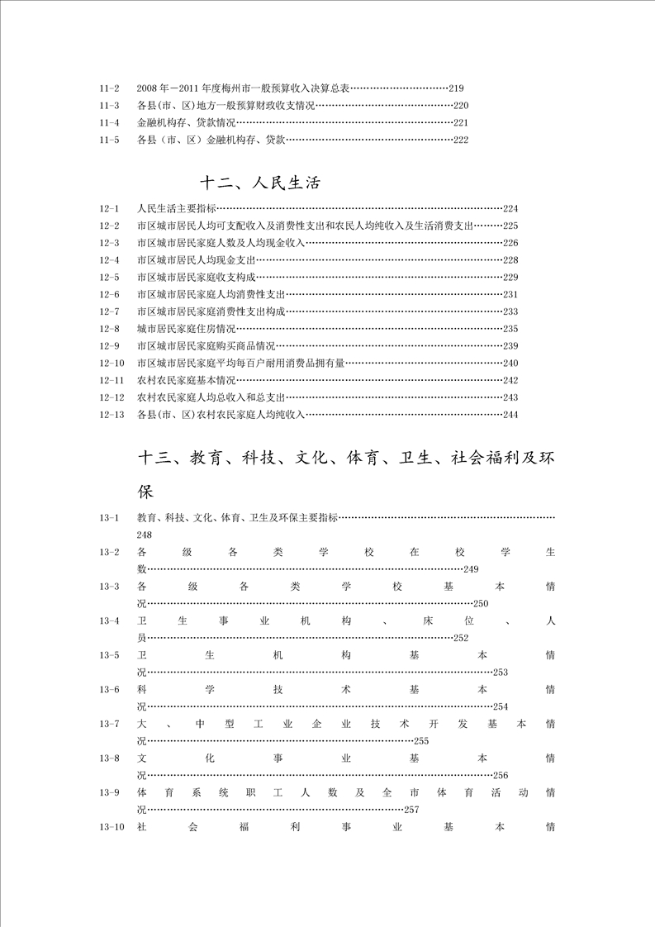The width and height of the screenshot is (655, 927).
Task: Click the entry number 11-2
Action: click(109, 88)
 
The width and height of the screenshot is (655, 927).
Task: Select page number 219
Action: click(457, 88)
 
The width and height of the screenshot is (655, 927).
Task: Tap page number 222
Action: click(461, 140)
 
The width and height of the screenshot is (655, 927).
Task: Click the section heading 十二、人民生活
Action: click(260, 183)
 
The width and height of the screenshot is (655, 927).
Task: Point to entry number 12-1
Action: click(109, 209)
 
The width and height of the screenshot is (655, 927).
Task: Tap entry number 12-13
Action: click(111, 415)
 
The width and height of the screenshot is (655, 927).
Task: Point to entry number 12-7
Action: click(109, 311)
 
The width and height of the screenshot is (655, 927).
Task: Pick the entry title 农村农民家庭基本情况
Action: click(187, 380)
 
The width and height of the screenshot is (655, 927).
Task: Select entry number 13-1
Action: click(109, 518)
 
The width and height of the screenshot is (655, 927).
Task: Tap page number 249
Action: click(472, 569)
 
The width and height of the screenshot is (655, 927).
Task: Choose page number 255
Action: click(421, 741)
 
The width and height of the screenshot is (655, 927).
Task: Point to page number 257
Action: click(412, 810)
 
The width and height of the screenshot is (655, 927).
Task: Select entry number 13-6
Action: click(109, 690)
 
